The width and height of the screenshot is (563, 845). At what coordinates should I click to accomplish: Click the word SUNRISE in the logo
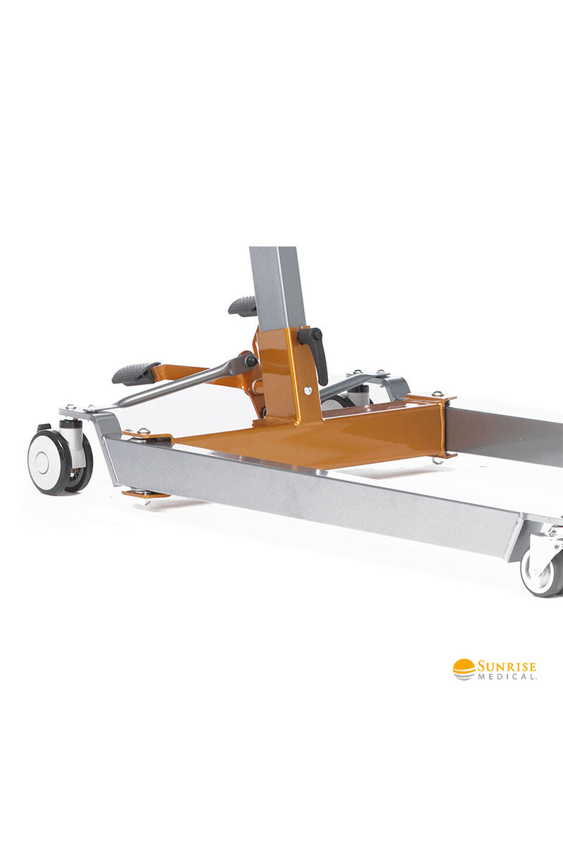click(x=507, y=666)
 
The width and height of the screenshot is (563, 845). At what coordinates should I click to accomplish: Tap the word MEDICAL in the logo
click(x=507, y=677)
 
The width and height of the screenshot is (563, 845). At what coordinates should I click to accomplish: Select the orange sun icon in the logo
click(x=464, y=669)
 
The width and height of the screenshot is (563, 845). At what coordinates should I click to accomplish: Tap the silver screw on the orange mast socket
click(x=308, y=390)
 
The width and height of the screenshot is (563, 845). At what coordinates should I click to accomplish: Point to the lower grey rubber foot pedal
click(x=136, y=373)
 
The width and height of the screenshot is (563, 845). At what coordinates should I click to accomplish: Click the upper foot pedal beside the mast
click(x=243, y=305)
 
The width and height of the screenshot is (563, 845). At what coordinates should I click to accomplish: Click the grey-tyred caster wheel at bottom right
click(x=542, y=572)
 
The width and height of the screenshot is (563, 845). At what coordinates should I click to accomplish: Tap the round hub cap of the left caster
click(x=42, y=462)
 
